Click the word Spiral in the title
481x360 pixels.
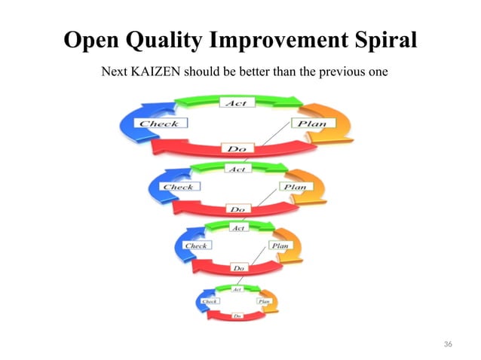coord(378,40)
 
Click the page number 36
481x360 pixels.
coord(449,344)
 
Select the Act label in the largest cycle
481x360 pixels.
coord(237,102)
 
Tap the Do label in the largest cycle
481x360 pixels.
coord(236,149)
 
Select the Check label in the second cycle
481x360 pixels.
coord(179,187)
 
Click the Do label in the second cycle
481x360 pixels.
coord(237,209)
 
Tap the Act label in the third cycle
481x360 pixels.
coord(237,227)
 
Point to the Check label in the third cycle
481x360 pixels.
coord(196,246)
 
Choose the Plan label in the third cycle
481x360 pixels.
coord(279,246)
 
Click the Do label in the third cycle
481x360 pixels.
coord(238,267)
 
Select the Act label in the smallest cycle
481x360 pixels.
coord(237,289)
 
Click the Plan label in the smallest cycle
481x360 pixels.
coord(264,301)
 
